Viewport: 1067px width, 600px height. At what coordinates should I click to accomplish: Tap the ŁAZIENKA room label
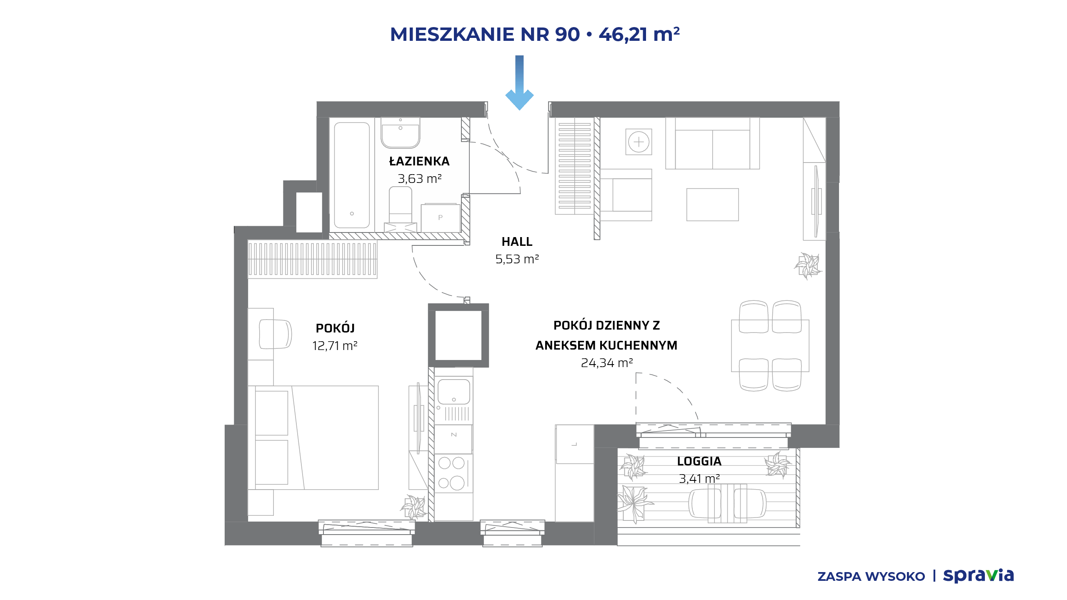pyautogui.click(x=419, y=161)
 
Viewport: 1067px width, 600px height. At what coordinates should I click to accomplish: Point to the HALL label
pyautogui.click(x=517, y=242)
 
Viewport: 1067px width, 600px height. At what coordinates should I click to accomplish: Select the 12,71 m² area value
pyautogui.click(x=335, y=346)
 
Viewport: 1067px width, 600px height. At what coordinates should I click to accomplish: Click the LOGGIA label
pyautogui.click(x=699, y=461)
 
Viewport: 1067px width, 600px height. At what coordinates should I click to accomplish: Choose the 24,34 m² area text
pyautogui.click(x=607, y=363)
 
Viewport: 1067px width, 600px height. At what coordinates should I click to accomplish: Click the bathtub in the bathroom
pyautogui.click(x=352, y=175)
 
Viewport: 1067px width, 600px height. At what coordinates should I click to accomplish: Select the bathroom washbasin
pyautogui.click(x=400, y=132)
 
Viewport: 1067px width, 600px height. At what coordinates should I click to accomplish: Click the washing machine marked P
pyautogui.click(x=441, y=217)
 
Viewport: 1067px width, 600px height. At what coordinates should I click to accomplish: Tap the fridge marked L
pyautogui.click(x=574, y=444)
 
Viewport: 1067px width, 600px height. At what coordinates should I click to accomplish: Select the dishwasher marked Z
pyautogui.click(x=453, y=439)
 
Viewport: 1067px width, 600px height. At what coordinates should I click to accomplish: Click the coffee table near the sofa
pyautogui.click(x=713, y=205)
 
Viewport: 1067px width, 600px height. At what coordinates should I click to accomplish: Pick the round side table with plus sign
pyautogui.click(x=639, y=142)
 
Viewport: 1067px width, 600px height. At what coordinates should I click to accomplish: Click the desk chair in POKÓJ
pyautogui.click(x=275, y=334)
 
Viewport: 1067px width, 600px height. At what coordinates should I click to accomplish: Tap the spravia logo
pyautogui.click(x=978, y=575)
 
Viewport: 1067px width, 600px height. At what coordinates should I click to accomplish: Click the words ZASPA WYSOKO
pyautogui.click(x=871, y=577)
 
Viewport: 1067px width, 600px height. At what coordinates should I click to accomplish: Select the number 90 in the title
pyautogui.click(x=567, y=34)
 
